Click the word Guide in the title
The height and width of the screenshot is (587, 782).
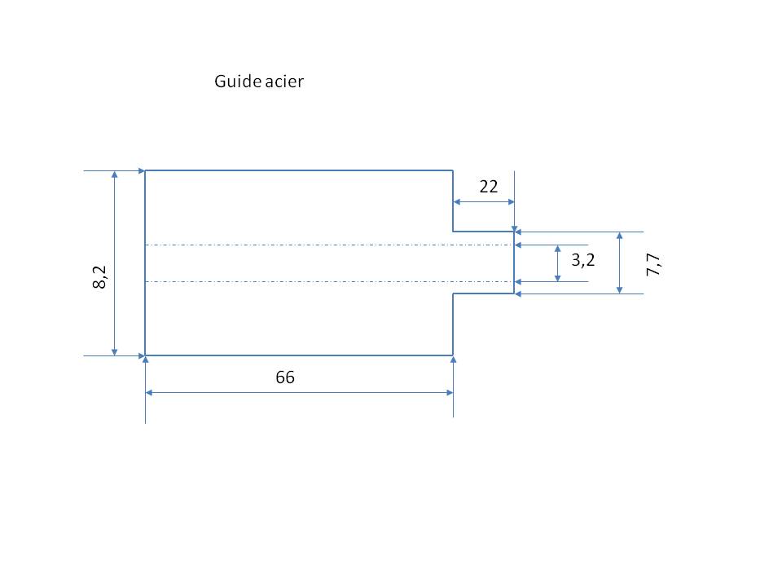[x=232, y=82]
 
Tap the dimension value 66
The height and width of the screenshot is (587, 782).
[x=284, y=378]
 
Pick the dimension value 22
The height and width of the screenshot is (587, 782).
[x=488, y=187]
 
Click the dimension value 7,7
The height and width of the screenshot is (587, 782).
[x=653, y=264]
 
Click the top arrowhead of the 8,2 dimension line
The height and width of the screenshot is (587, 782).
[x=115, y=176]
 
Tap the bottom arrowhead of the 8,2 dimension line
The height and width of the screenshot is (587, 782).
[x=115, y=351]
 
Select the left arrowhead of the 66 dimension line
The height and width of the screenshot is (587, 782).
[x=150, y=393]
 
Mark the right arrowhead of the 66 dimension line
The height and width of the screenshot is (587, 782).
[x=448, y=393]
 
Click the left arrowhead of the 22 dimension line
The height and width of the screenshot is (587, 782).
[x=458, y=202]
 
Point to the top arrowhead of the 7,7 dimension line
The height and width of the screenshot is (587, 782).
[x=621, y=236]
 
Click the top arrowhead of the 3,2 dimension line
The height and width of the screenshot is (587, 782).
[x=557, y=249]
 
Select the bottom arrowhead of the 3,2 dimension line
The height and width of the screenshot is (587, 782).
[x=557, y=277]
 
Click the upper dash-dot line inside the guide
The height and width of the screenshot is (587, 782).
[x=326, y=245]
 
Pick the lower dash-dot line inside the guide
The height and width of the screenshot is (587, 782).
[x=326, y=281]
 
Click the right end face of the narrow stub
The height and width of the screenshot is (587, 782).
[x=514, y=263]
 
